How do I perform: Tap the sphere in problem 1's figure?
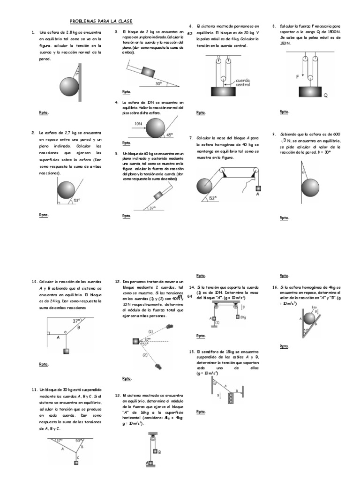tap(70, 87)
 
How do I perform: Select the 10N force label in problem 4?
tap(138, 124)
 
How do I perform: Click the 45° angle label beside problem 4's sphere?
tap(169, 134)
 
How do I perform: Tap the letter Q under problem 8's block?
tap(325, 95)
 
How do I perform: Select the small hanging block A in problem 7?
tap(257, 189)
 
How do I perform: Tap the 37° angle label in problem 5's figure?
tap(152, 208)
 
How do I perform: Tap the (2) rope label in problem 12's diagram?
tap(145, 355)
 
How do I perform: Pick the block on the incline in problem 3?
tap(148, 72)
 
